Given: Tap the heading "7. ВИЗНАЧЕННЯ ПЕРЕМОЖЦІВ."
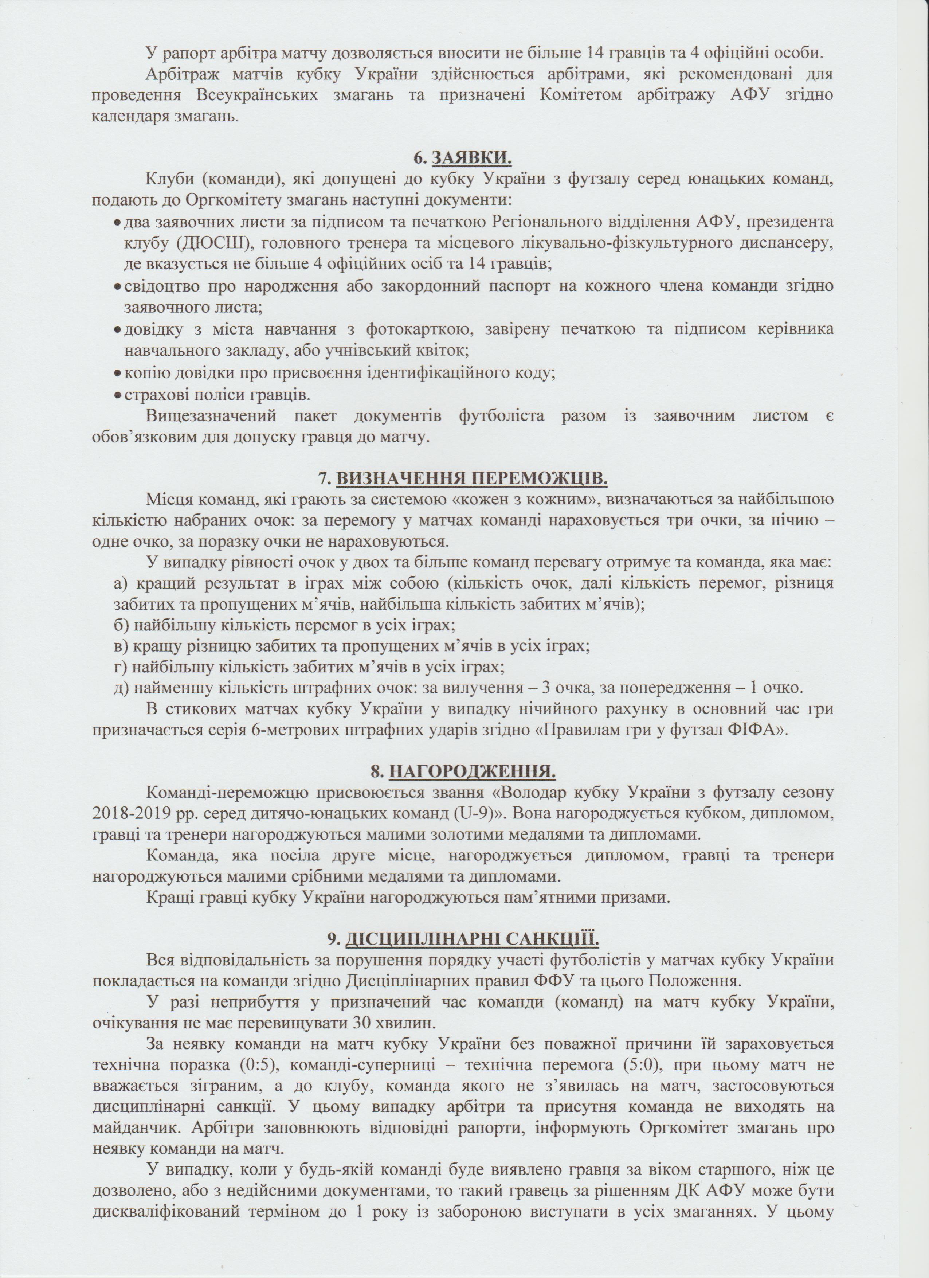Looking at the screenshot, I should click(464, 477).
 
